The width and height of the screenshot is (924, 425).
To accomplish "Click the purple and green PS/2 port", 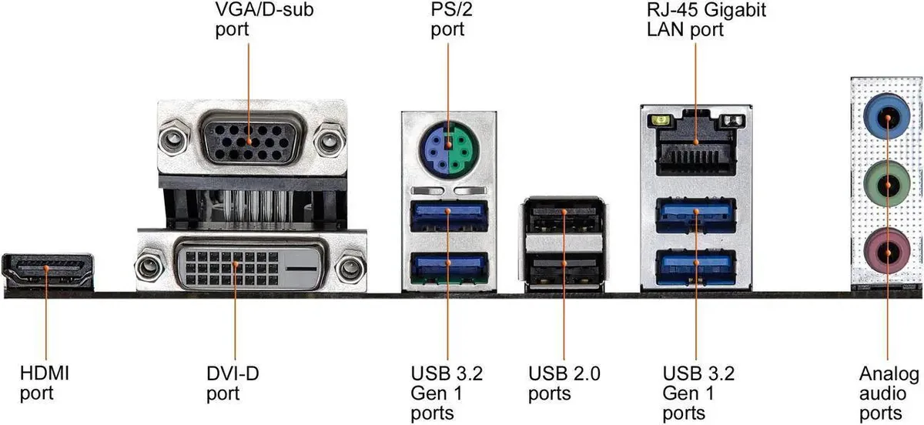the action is pyautogui.click(x=449, y=149).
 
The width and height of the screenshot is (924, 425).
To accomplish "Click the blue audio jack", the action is pyautogui.click(x=887, y=117).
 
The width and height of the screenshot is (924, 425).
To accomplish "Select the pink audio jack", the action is pyautogui.click(x=887, y=250).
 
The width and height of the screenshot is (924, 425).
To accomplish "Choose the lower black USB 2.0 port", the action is pyautogui.click(x=564, y=268).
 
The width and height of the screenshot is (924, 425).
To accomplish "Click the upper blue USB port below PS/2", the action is pyautogui.click(x=449, y=215).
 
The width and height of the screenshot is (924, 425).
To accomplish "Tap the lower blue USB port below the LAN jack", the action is pyautogui.click(x=696, y=267).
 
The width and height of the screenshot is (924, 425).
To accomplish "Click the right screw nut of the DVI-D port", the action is pyautogui.click(x=350, y=267).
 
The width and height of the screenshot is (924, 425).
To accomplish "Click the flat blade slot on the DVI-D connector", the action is pyautogui.click(x=301, y=269).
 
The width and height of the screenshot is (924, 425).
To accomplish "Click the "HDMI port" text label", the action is pyautogui.click(x=45, y=383).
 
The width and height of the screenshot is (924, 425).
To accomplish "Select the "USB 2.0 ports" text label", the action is pyautogui.click(x=564, y=383).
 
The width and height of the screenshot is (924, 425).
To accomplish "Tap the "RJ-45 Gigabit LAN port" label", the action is pyautogui.click(x=706, y=19).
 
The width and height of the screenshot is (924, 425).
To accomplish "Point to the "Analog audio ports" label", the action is pyautogui.click(x=889, y=393).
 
